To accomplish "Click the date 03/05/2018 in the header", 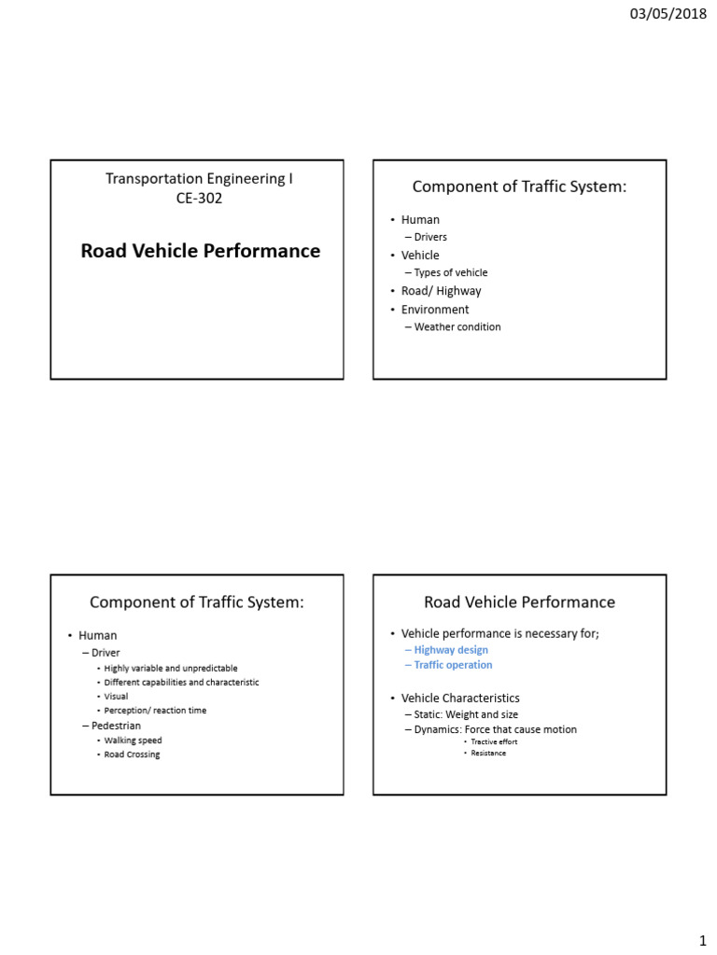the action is [668, 13].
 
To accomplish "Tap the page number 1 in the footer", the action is [702, 940].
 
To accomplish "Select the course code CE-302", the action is [199, 198].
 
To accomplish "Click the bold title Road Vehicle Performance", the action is [201, 250].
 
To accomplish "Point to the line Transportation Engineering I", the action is [199, 178].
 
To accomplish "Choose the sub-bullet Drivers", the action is [430, 237].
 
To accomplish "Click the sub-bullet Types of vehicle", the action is [451, 272].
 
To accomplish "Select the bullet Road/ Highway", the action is [441, 291].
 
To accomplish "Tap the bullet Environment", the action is [435, 310].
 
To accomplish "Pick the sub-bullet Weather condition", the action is [457, 327].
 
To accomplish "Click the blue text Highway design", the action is [451, 650].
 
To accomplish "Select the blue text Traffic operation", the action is [453, 665].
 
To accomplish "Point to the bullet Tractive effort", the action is [494, 741].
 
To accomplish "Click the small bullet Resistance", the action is [488, 754].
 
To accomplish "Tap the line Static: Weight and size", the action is [466, 714].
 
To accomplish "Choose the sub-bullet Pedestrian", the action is [116, 726].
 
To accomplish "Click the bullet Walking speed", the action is [133, 740].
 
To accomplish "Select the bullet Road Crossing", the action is [132, 754].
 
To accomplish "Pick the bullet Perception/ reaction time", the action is [155, 710].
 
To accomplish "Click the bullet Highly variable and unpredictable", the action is [171, 668].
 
